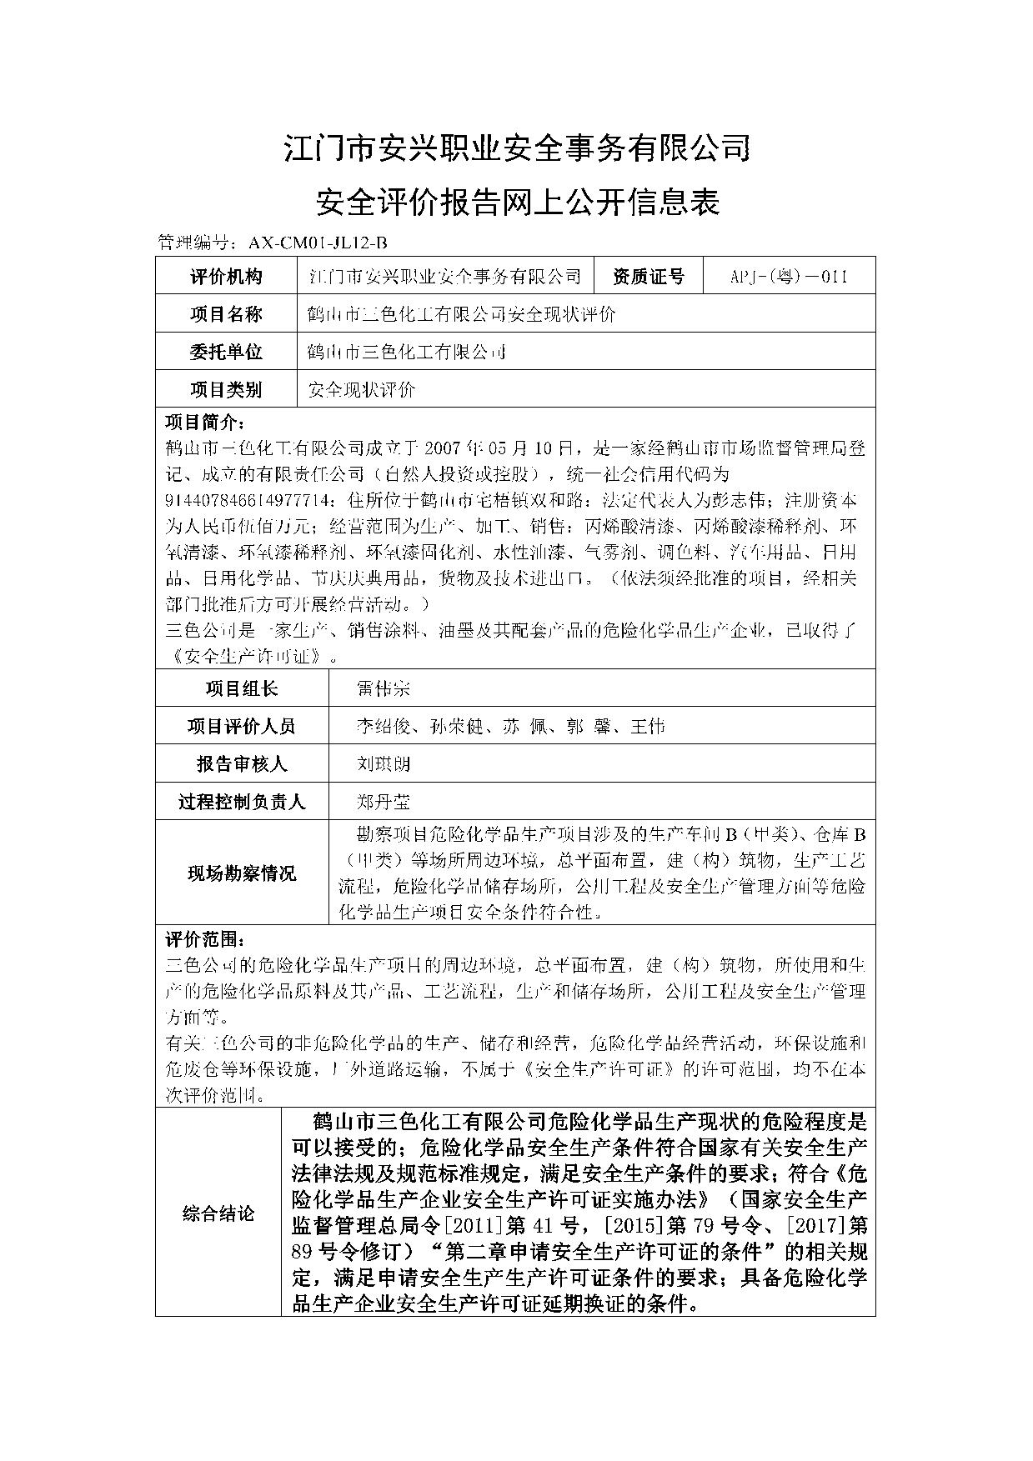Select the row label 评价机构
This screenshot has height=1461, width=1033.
pos(225,276)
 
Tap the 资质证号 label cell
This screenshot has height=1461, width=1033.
pos(648,276)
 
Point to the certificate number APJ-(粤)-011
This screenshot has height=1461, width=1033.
pos(789,276)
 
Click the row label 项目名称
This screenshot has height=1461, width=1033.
pos(225,314)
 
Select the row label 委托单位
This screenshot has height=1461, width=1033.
pos(225,352)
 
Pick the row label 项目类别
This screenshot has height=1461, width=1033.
pos(225,389)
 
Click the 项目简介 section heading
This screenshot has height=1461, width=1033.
pos(204,422)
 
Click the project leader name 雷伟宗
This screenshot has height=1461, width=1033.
pos(383,688)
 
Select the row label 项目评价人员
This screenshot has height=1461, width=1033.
pos(242,727)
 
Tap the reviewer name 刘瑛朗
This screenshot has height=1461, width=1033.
pos(383,764)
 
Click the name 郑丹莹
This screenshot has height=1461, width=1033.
pos(383,802)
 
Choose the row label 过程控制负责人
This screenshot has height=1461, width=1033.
pos(242,802)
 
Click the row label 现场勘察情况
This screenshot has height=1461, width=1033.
pos(242,873)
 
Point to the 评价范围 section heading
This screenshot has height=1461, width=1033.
pos(204,940)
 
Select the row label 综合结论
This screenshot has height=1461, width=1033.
pos(218,1213)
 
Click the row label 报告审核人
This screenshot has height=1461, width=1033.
pos(242,764)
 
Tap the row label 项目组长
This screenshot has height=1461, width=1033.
pos(242,688)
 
